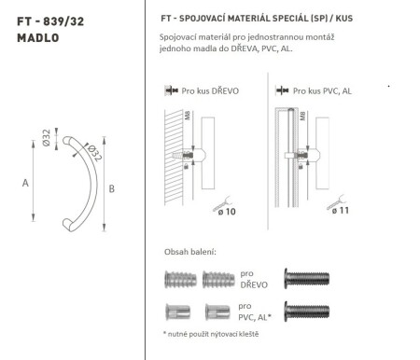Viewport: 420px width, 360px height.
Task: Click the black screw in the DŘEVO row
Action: coord(306,278)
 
